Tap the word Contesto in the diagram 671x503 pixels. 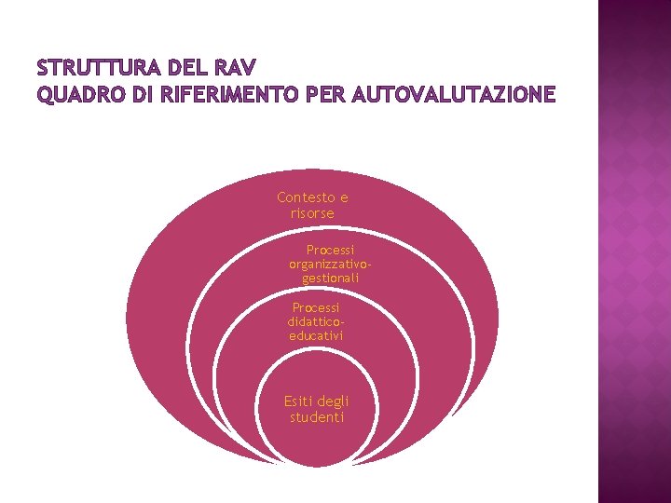click(306, 197)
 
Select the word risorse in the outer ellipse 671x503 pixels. click(312, 213)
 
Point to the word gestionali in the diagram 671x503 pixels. click(331, 278)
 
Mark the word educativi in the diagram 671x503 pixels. click(316, 334)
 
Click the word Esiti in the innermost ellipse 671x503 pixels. click(299, 401)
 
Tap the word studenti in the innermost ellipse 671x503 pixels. click(317, 417)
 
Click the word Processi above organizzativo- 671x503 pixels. click(331, 250)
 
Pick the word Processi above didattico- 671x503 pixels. click(316, 306)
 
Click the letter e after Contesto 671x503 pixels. click(343, 197)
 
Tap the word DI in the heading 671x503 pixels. click(139, 95)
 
